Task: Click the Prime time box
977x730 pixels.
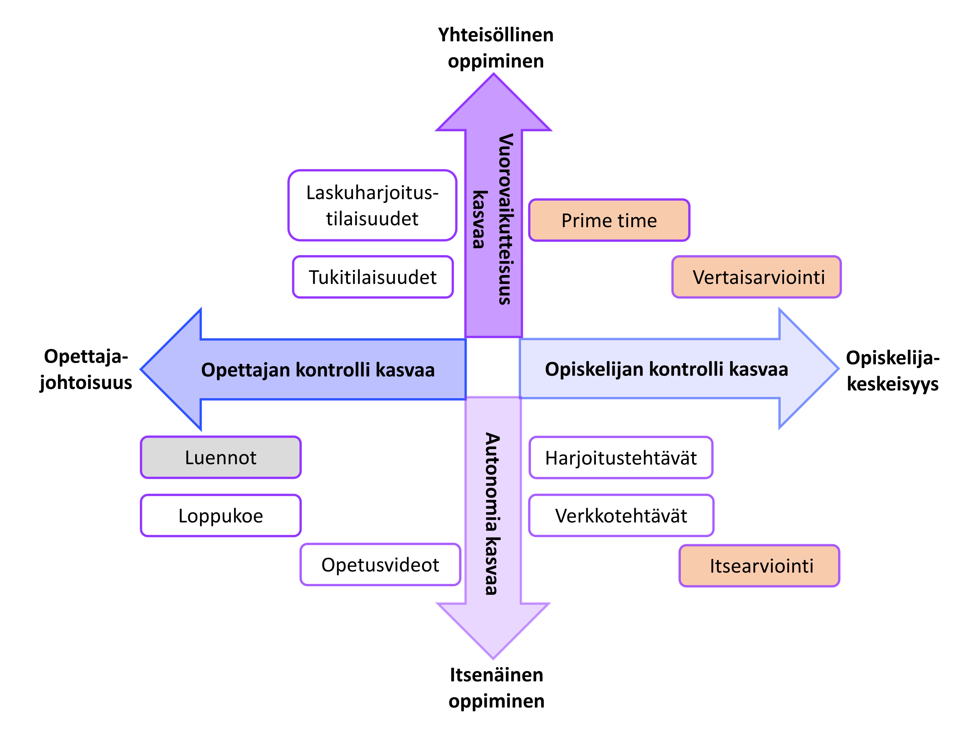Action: pos(609,220)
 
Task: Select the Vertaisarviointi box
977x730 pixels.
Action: pos(756,277)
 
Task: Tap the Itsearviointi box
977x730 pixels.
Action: pos(759,566)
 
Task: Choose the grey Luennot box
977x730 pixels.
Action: pos(220,457)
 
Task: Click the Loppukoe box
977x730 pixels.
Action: pos(220,515)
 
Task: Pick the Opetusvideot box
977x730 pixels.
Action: pos(380,564)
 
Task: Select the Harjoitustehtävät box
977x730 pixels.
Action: pos(621,458)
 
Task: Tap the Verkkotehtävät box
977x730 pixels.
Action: pos(621,515)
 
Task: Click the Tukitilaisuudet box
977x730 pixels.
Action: pos(373,277)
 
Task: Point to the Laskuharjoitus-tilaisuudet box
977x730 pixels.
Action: pos(372,205)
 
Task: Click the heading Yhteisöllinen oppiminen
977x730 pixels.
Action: pos(496,48)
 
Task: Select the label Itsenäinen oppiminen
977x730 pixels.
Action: pos(497,688)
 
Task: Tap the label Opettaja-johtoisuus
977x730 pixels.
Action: pos(86,369)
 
